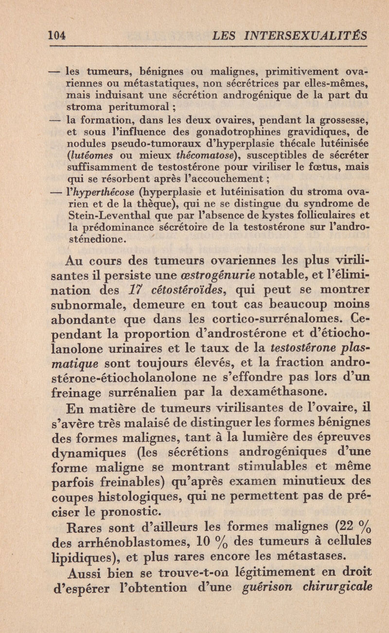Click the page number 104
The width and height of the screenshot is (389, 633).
58,35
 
